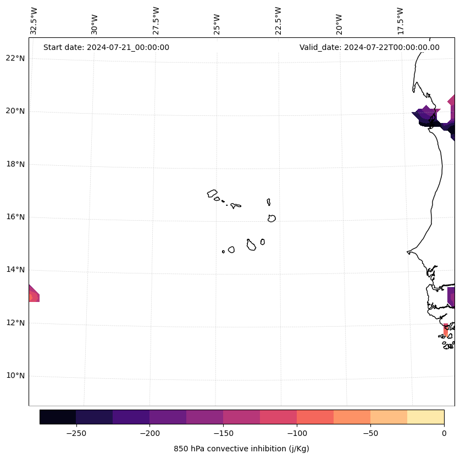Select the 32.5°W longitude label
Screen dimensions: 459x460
34,21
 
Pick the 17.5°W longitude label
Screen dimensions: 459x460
400,21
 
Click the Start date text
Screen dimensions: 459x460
106,47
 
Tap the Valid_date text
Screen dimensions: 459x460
369,47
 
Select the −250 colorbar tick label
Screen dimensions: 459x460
76,433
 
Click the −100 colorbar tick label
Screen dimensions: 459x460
297,433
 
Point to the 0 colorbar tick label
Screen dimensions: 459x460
444,433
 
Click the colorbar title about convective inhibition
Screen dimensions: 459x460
241,449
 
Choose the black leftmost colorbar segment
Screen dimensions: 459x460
58,417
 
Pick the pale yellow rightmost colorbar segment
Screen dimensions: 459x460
426,417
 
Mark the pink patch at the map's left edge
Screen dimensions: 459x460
33,295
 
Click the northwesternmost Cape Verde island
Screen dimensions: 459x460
212,193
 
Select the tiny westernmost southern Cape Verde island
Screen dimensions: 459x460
223,251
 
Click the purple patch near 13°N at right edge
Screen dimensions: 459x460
451,297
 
